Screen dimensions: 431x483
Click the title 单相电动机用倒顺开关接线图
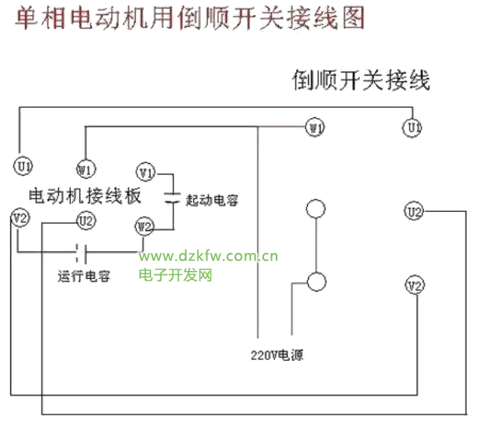(189, 19)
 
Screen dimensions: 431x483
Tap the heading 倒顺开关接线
(362, 80)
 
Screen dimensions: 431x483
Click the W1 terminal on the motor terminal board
(85, 169)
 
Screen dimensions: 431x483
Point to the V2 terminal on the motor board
(20, 217)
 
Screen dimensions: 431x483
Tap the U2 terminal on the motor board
(85, 221)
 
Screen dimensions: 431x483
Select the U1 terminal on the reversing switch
(412, 127)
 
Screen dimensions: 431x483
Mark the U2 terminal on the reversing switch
(414, 211)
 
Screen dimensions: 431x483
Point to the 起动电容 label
(212, 200)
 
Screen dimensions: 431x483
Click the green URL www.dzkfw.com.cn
(209, 256)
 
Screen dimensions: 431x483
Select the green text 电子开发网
(176, 275)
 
